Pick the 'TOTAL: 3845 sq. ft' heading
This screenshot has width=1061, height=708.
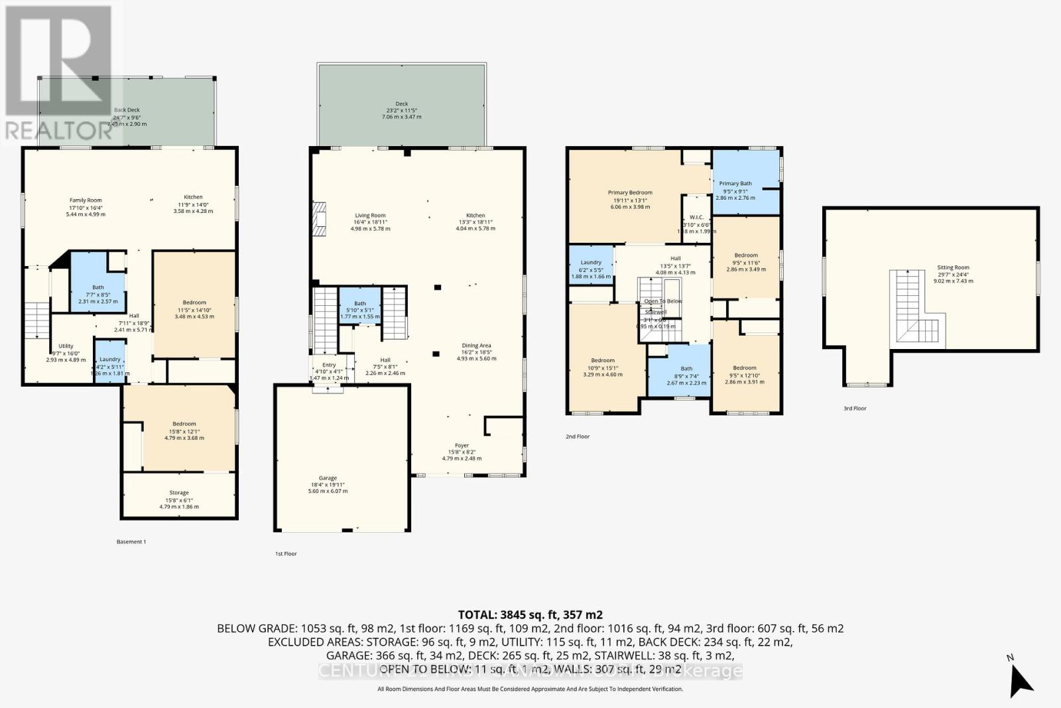530,614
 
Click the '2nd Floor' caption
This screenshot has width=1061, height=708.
578,437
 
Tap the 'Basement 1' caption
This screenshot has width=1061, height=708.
131,541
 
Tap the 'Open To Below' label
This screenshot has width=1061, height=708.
663,301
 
